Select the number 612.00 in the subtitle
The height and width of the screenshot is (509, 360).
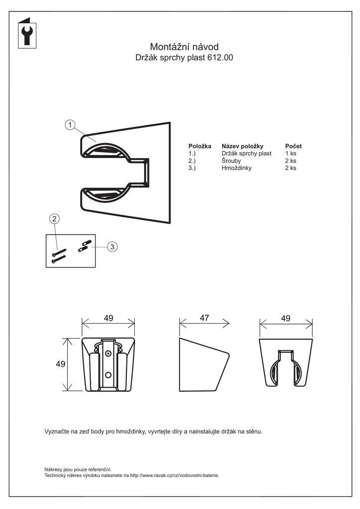(x=221, y=58)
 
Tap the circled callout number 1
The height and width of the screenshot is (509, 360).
(x=71, y=125)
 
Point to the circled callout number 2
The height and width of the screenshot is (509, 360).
(x=55, y=219)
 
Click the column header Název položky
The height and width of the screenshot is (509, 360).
(x=242, y=146)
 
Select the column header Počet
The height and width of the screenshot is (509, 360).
(x=293, y=146)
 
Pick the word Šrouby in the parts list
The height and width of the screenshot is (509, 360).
(x=231, y=161)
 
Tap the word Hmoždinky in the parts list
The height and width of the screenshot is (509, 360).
(x=237, y=168)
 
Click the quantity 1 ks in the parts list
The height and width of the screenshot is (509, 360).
(x=290, y=154)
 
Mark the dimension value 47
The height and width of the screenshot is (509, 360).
(x=204, y=318)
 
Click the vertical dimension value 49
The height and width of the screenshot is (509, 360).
(x=61, y=364)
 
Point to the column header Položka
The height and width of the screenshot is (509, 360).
(x=200, y=146)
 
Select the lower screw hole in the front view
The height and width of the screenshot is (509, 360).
(x=108, y=374)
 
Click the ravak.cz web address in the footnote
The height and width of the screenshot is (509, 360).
(x=174, y=475)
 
